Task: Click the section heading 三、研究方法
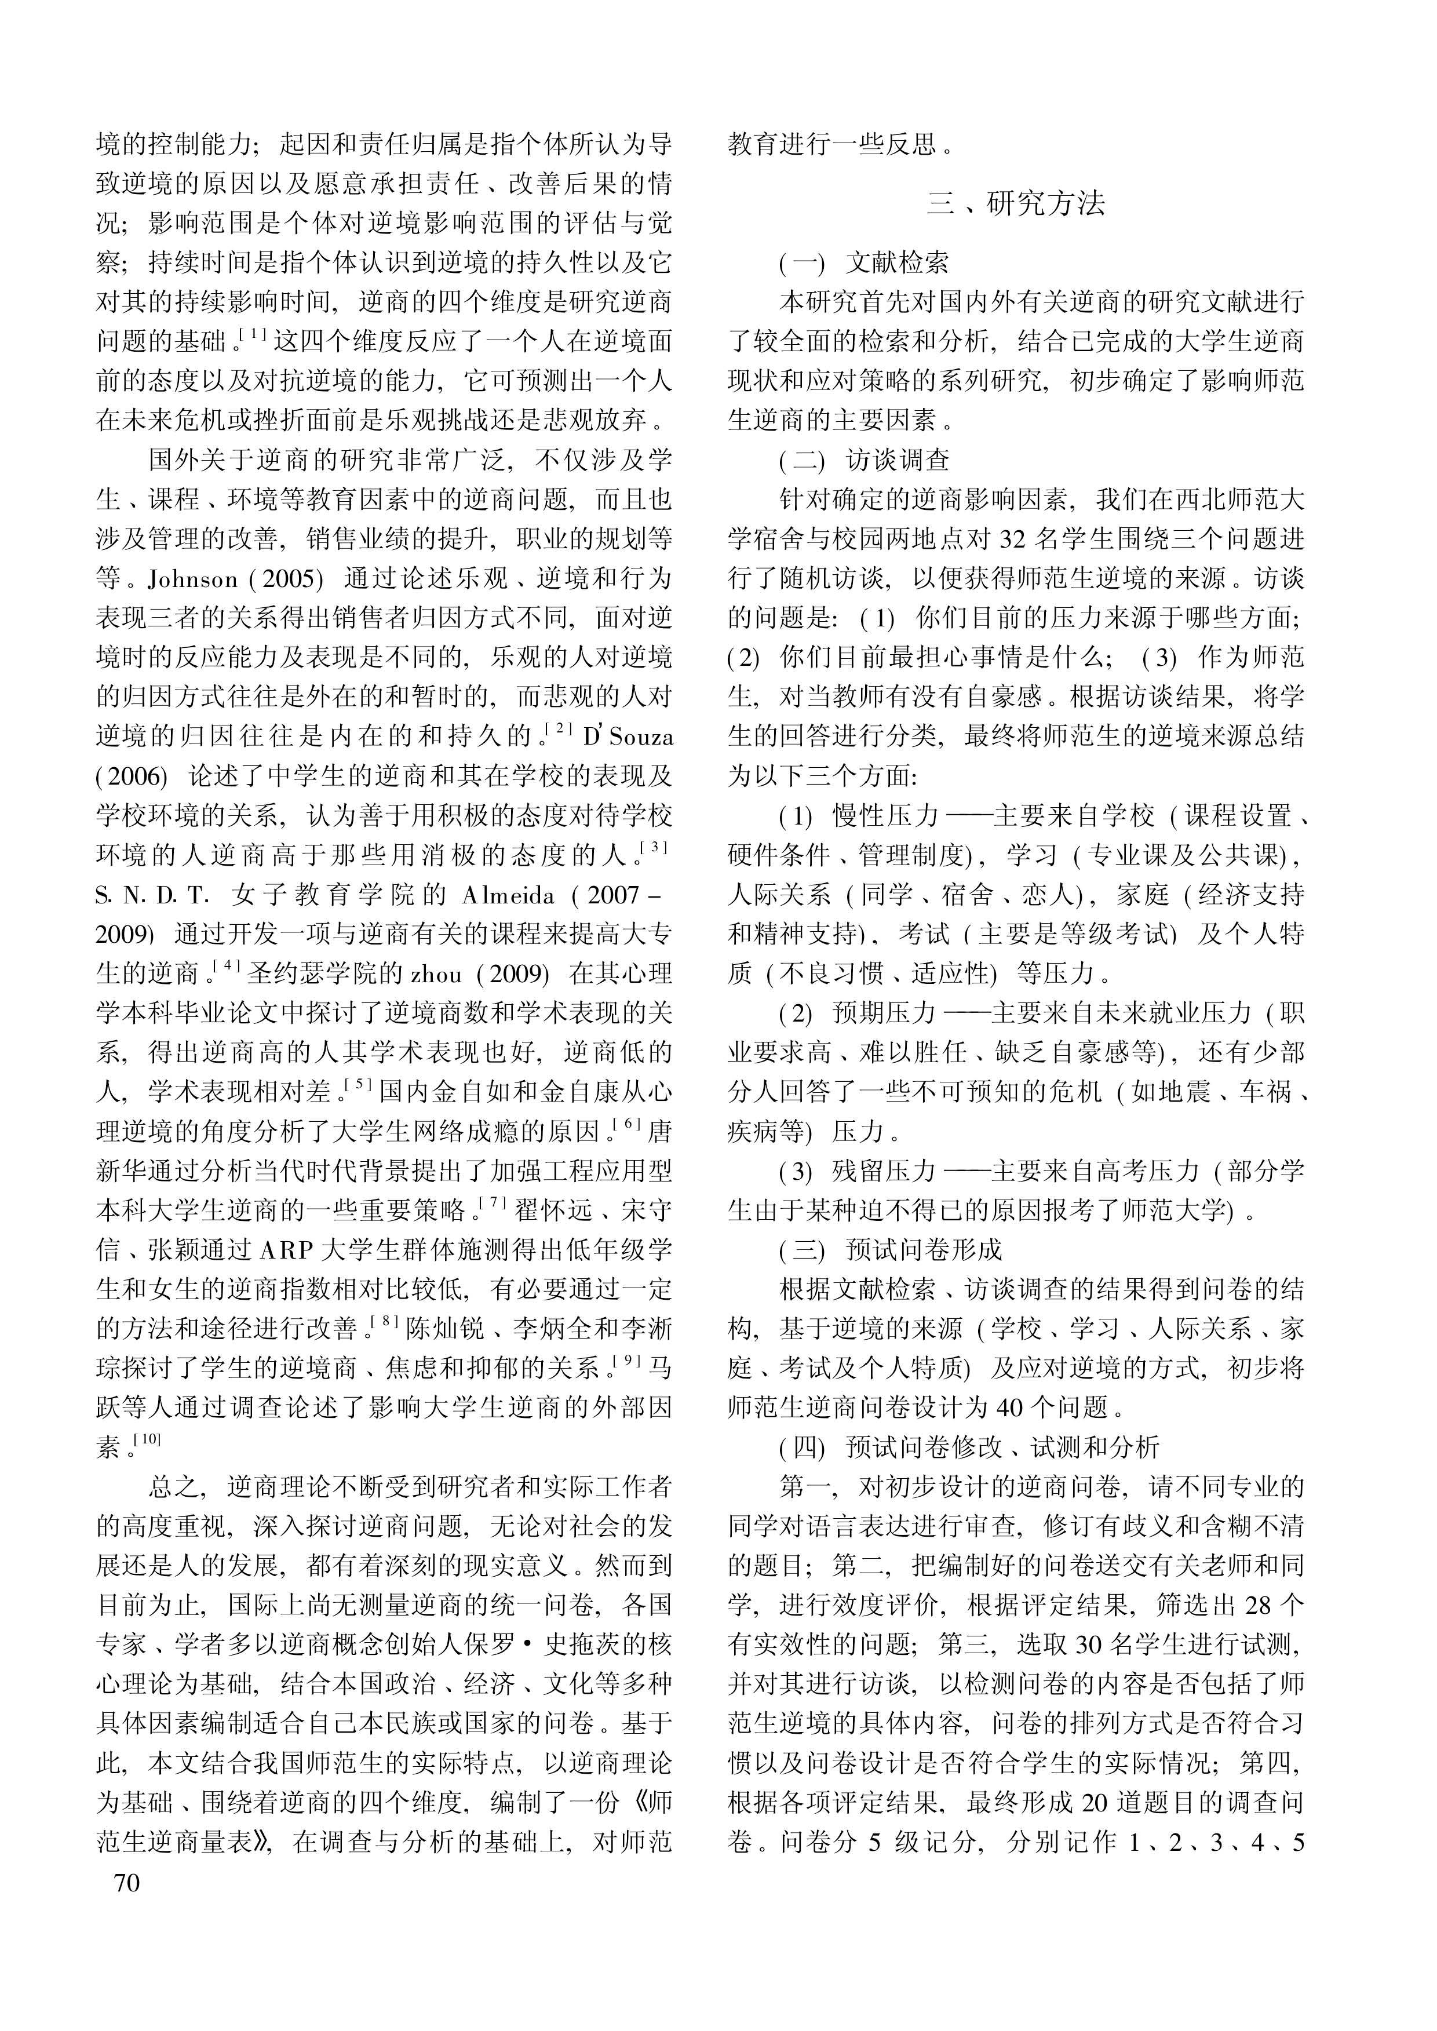click(x=1016, y=205)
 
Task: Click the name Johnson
click(x=193, y=579)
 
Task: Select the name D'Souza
click(x=628, y=737)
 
